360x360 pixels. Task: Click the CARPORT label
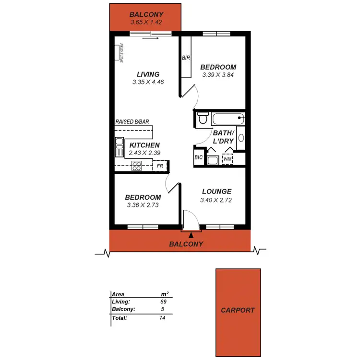[x=238, y=310]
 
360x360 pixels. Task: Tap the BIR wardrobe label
[x=186, y=58]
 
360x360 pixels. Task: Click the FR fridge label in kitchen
[x=160, y=167]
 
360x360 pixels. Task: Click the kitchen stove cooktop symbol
[x=136, y=167]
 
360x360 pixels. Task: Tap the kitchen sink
[x=119, y=147]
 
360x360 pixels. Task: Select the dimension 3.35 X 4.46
[x=148, y=82]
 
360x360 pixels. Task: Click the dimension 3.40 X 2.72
[x=216, y=200]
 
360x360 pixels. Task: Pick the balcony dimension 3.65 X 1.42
[x=145, y=22]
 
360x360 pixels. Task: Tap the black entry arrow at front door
[x=191, y=235]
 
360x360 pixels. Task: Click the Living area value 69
[x=163, y=302]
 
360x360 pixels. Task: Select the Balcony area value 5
[x=163, y=310]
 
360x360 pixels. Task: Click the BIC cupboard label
[x=199, y=157]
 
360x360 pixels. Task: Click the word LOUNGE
[x=216, y=192]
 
